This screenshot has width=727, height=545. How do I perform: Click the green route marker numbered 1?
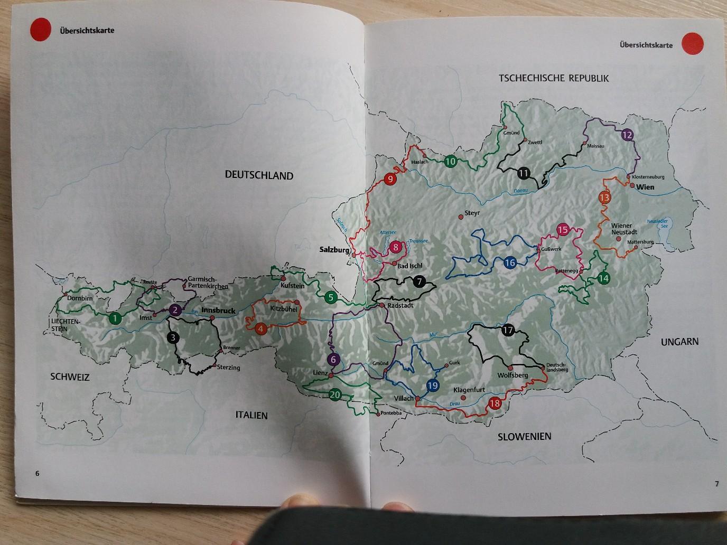click(x=114, y=318)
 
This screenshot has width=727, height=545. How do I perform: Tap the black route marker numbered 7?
click(x=419, y=281)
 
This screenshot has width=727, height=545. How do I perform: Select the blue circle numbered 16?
click(x=510, y=263)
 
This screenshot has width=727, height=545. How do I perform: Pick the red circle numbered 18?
click(x=495, y=403)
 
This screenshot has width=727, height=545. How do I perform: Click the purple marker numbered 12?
click(x=627, y=135)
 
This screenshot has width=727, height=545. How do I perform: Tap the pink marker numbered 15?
click(x=563, y=230)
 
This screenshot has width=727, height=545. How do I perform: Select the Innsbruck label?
click(x=218, y=311)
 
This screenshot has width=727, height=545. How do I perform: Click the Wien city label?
click(x=645, y=187)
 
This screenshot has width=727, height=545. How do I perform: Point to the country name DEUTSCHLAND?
click(x=259, y=175)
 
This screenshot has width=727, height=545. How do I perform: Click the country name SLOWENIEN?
click(x=525, y=436)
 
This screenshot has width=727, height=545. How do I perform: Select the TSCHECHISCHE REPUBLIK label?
click(x=554, y=78)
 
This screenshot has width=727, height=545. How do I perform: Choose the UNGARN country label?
click(x=679, y=342)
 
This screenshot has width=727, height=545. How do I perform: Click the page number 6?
click(x=38, y=473)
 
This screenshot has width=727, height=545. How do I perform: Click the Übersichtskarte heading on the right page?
click(x=646, y=45)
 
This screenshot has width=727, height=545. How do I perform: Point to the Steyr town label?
click(x=472, y=213)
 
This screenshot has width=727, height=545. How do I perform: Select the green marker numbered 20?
click(x=335, y=394)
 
